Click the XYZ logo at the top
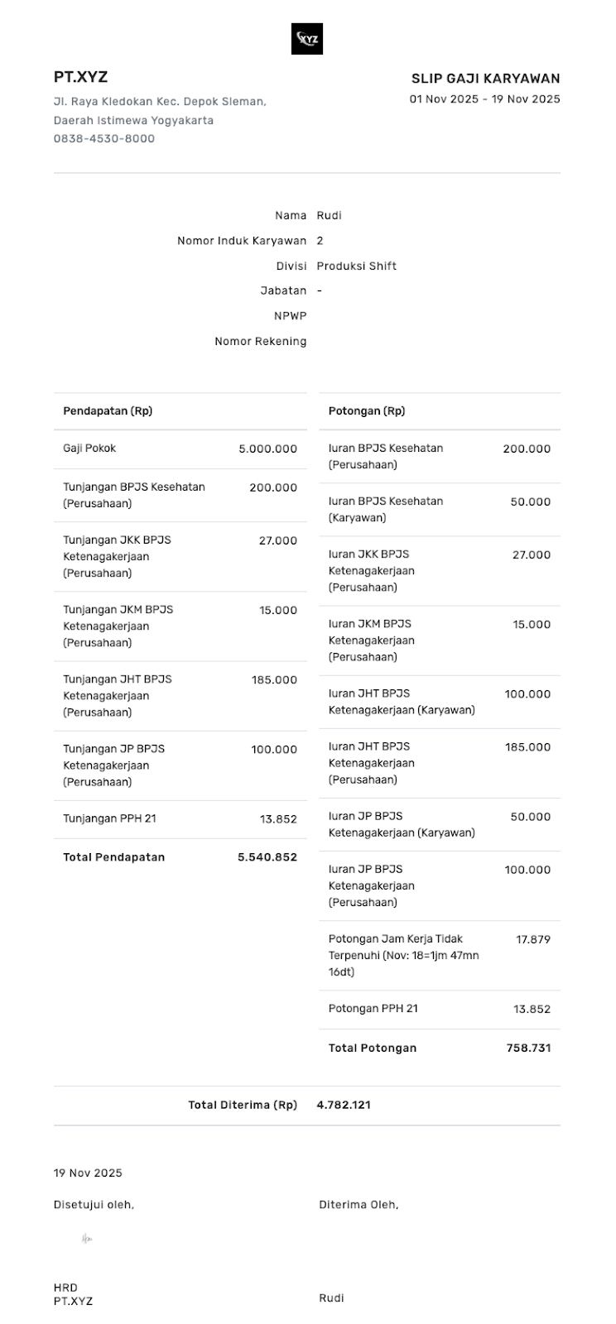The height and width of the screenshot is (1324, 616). tap(307, 39)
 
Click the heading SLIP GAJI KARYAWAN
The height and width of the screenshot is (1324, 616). tap(485, 79)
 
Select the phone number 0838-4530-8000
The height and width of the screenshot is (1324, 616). tap(104, 138)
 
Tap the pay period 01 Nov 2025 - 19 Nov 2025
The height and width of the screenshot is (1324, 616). tap(484, 99)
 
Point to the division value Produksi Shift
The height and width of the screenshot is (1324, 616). tap(356, 266)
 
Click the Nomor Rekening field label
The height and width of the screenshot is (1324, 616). tap(260, 341)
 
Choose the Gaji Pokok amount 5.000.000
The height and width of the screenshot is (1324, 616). tap(267, 449)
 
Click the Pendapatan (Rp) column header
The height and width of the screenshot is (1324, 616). tap(108, 411)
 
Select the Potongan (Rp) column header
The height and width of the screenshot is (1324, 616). tap(367, 411)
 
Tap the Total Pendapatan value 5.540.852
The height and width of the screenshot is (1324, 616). tap(267, 857)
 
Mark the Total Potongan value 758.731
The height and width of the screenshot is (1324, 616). tap(528, 1048)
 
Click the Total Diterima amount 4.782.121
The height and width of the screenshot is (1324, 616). tap(344, 1105)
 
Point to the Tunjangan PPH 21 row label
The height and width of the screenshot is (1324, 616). tap(109, 818)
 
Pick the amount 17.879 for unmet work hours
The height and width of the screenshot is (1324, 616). tap(533, 939)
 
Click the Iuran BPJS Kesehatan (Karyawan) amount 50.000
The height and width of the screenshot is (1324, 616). tap(530, 501)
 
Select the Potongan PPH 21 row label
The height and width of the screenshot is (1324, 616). tap(373, 1009)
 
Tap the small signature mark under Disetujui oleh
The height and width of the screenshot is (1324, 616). tap(87, 1239)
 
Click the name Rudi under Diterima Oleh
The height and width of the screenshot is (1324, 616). tap(331, 1298)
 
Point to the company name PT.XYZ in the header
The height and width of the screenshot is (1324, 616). tap(80, 77)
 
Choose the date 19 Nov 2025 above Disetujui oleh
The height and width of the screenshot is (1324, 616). tap(88, 1173)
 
